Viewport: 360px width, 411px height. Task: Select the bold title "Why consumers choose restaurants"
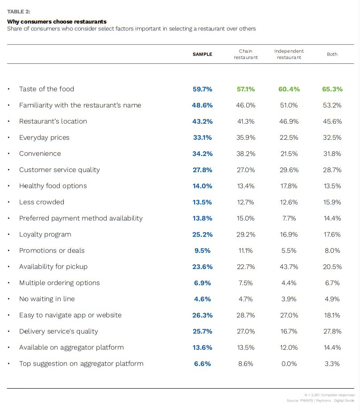pos(57,21)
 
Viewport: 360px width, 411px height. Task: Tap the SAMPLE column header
pos(202,54)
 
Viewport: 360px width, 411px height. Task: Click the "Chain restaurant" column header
pos(245,54)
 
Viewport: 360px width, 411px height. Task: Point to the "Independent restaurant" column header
pos(289,54)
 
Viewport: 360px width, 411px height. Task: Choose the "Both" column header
pos(332,54)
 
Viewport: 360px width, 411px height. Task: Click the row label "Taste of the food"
pos(46,89)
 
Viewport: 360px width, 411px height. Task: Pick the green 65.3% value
pos(332,89)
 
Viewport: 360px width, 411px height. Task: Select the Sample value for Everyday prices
pos(202,137)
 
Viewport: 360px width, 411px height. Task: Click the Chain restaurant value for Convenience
pos(245,154)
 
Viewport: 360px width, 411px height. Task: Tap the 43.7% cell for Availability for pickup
pos(289,267)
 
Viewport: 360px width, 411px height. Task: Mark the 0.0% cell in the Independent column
pos(289,364)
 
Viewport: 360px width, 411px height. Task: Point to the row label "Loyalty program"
pos(45,234)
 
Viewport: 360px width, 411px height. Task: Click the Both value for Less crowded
pos(332,202)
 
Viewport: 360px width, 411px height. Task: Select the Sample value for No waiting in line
pos(202,299)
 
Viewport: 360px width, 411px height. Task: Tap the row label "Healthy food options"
pos(53,186)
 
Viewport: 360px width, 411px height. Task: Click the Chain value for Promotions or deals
pos(245,251)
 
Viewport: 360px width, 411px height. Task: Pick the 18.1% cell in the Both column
pos(332,315)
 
